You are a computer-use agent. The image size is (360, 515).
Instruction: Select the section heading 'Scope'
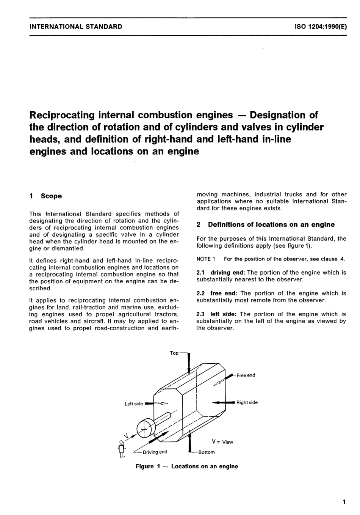(x=51, y=196)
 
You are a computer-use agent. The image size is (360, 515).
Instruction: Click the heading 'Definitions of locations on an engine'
(x=271, y=225)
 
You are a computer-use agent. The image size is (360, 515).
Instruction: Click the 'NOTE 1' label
(x=206, y=259)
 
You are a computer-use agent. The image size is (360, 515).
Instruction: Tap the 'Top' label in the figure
(x=174, y=353)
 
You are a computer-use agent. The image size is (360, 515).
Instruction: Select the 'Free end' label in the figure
(x=246, y=375)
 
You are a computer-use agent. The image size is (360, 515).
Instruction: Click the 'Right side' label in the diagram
(x=247, y=402)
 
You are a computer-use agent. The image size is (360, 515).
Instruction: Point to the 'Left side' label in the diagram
(x=134, y=404)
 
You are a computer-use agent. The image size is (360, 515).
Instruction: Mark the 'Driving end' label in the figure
(x=155, y=452)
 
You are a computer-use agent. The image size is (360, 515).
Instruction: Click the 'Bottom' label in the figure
(x=207, y=452)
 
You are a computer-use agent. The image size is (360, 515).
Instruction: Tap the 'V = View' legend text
(x=222, y=442)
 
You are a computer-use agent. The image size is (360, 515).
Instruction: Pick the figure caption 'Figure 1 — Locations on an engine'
(x=187, y=466)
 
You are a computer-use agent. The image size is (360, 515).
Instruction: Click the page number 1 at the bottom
(x=344, y=502)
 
